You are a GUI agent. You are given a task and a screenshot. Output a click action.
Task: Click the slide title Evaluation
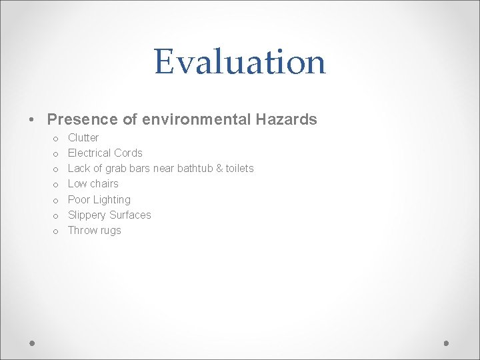[x=239, y=62]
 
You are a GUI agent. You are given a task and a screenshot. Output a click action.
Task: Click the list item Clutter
[x=83, y=138]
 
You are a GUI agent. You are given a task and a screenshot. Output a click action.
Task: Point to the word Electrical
[x=89, y=153]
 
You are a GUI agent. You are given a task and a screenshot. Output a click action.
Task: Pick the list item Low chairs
[x=93, y=184]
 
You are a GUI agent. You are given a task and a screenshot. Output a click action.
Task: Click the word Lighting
[x=112, y=200]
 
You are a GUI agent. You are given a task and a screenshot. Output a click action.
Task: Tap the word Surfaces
[x=132, y=215]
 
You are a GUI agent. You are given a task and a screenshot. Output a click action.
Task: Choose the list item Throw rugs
[x=95, y=231]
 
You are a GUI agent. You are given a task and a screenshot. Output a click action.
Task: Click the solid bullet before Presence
[x=32, y=121]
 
